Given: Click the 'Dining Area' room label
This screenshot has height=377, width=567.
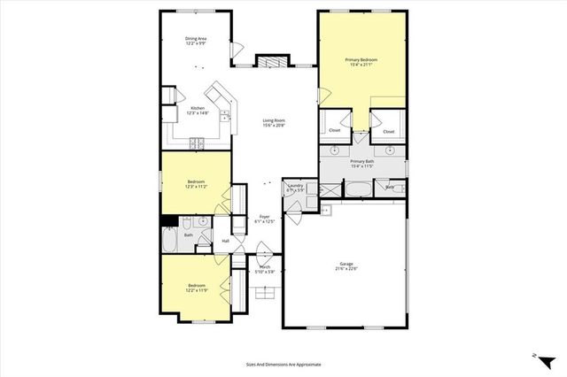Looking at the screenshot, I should [196, 39].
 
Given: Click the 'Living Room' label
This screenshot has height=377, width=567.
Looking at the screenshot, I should [273, 121].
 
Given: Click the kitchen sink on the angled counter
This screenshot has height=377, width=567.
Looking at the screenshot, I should [225, 114].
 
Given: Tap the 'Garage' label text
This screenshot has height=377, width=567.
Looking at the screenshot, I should [345, 264].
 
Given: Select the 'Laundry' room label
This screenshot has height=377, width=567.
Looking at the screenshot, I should [295, 186].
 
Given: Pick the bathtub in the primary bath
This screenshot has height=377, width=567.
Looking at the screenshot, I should [360, 188].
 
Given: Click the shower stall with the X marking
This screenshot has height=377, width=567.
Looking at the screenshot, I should [329, 188].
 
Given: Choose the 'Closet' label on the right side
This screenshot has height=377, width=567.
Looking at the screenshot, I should [388, 131].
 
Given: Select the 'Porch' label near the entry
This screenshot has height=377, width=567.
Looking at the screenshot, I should [265, 266].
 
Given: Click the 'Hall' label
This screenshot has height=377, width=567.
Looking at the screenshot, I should [225, 241].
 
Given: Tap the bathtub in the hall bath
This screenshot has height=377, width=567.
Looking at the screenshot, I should [170, 242].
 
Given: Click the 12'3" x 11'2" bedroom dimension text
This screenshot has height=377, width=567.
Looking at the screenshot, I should [195, 187].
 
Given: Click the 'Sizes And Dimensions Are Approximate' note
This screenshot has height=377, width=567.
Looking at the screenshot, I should [283, 364].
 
